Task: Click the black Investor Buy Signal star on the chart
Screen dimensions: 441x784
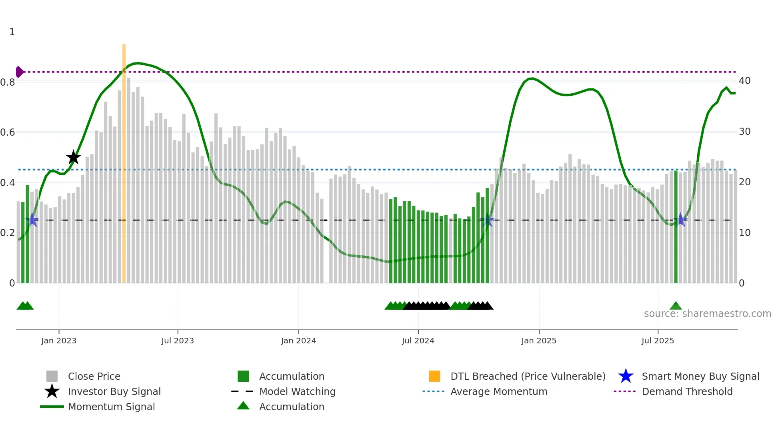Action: coord(73,157)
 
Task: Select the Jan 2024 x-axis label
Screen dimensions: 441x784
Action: coord(298,341)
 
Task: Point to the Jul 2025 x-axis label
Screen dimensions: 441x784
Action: coord(658,341)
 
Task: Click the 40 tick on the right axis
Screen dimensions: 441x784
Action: coord(744,81)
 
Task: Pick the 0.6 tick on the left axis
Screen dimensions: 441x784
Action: coord(8,132)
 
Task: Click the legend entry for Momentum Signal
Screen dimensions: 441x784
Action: coord(111,407)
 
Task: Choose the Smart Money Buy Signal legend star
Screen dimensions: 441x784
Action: coord(626,377)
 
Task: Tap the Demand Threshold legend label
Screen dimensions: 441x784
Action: coord(687,392)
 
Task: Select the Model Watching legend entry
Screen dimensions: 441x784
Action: coord(297,392)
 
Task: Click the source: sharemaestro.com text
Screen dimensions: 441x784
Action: coord(707,314)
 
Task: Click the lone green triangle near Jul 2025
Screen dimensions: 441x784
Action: coord(676,306)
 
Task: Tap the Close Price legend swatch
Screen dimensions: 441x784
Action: coord(52,377)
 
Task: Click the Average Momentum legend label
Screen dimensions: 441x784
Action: coord(499,392)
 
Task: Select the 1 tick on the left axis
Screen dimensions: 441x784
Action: coord(12,32)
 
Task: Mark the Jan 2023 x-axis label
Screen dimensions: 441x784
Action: coord(59,341)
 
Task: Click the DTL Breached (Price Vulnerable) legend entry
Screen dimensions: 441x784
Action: coord(528,377)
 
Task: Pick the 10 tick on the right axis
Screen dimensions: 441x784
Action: coord(744,233)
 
